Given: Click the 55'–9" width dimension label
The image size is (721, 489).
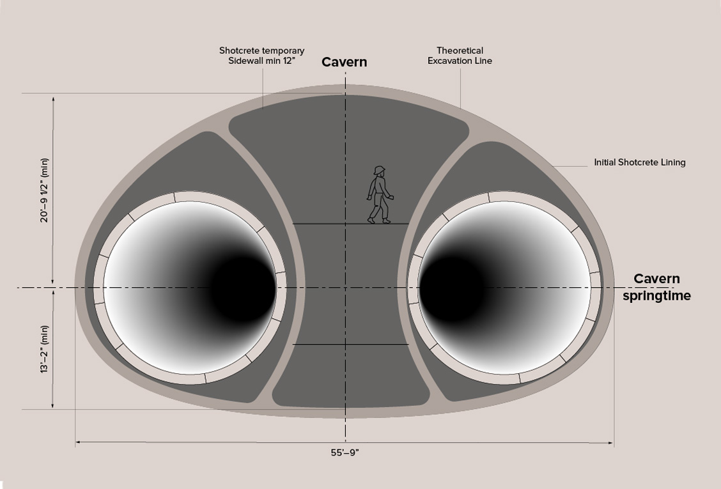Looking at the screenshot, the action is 345,453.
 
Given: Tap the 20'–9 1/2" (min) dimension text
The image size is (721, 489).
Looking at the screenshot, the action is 45,190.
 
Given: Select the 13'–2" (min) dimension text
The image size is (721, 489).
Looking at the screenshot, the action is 45,349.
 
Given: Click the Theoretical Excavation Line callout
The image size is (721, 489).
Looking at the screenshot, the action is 460,56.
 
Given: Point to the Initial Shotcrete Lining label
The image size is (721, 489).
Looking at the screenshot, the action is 640,162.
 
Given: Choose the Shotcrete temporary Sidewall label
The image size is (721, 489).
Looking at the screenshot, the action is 261,56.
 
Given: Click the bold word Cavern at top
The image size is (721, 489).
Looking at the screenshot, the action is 344,62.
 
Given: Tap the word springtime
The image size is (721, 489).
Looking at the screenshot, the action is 656,296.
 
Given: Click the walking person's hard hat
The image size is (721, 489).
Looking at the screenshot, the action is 380,170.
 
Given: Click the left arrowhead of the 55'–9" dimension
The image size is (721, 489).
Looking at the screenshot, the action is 78,442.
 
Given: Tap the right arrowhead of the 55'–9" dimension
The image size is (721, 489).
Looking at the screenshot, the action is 610,443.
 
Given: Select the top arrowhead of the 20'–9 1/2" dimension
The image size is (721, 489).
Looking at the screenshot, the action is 53,99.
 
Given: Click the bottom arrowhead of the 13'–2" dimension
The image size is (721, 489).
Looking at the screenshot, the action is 53,405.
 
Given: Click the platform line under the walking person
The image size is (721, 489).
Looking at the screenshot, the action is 351,224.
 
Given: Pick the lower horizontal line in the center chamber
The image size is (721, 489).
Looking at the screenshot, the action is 351,344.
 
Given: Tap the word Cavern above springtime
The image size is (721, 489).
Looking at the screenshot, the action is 656,279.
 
